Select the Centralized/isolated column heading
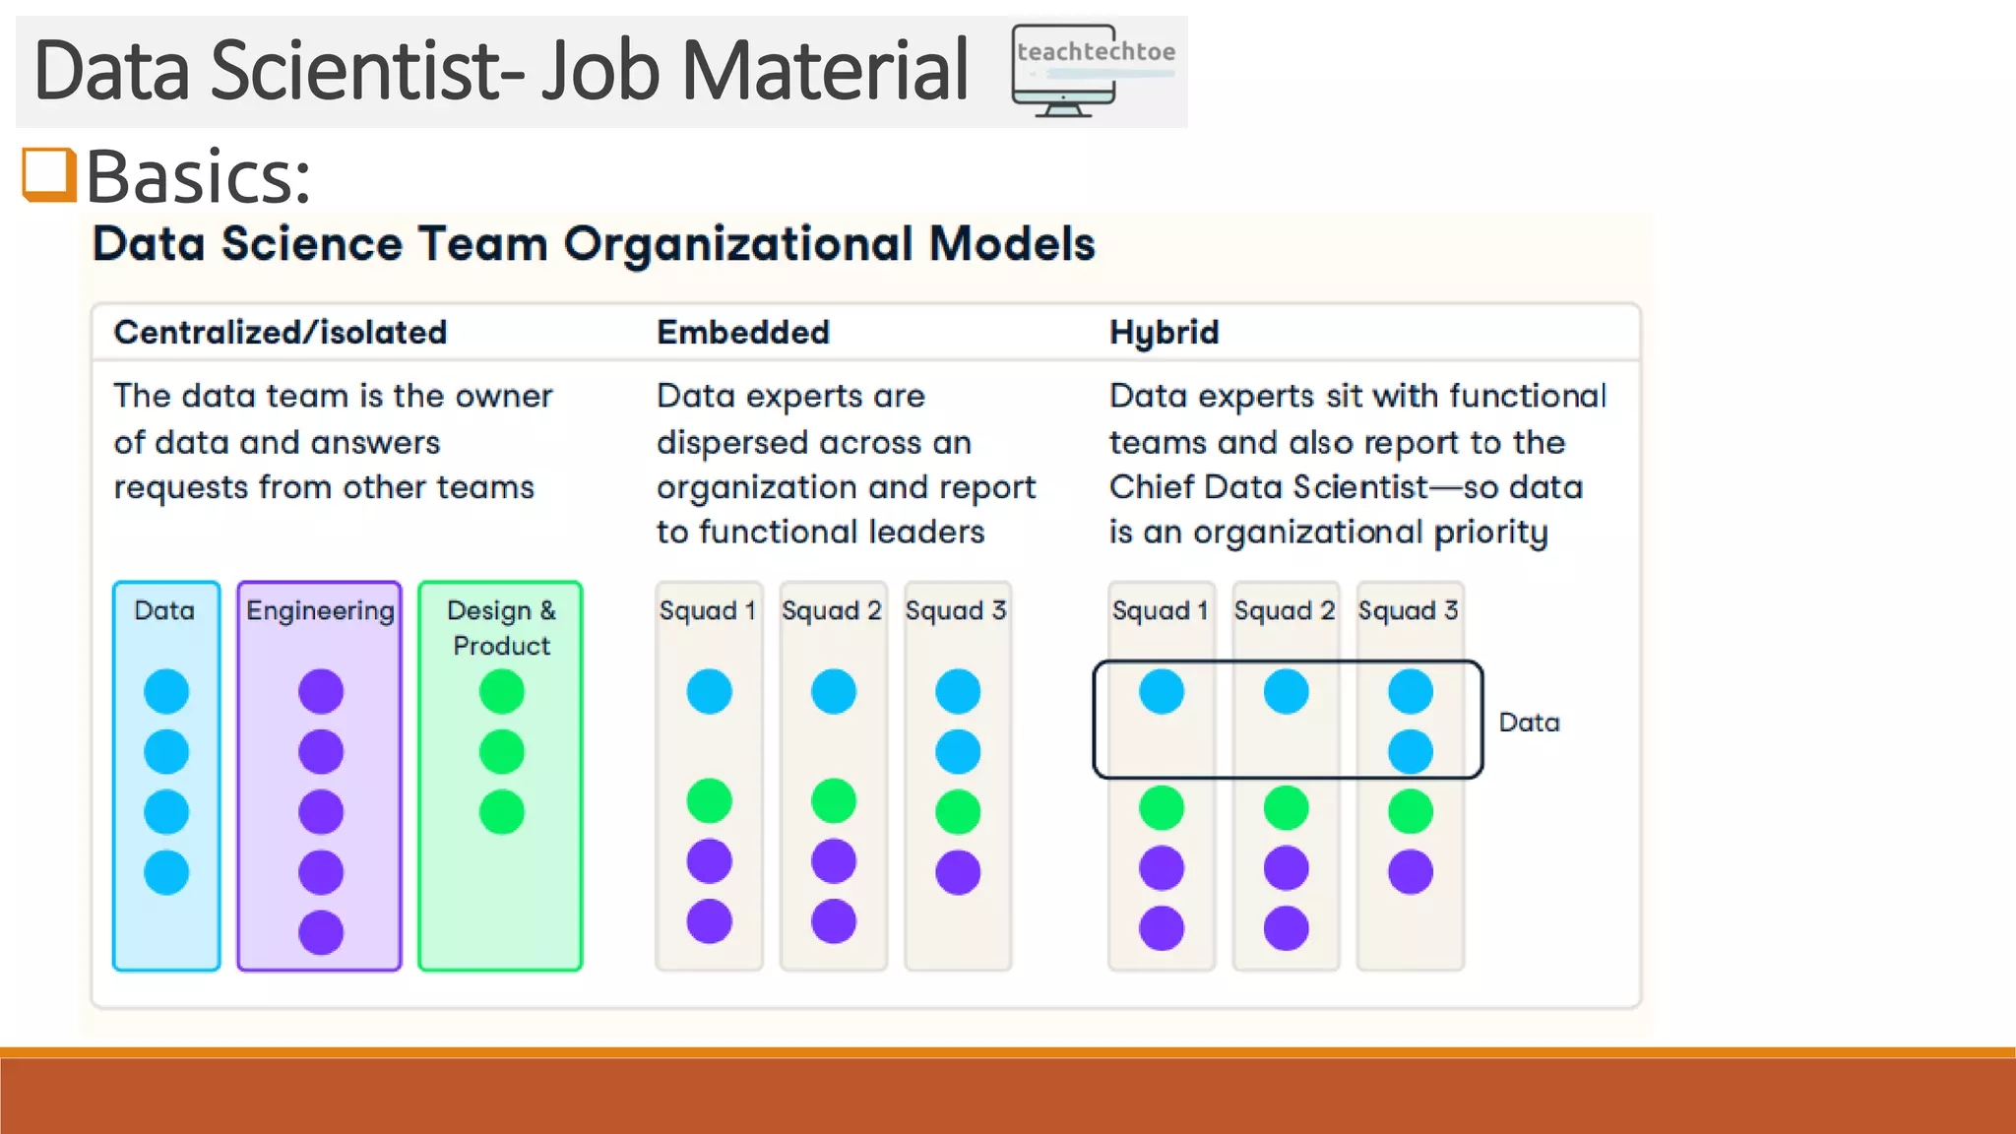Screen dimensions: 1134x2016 pos(281,333)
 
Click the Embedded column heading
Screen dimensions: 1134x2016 pos(743,333)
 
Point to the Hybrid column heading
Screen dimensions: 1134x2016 pos(1164,333)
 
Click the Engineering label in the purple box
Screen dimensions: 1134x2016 pos(320,610)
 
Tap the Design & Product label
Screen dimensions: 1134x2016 pos(501,627)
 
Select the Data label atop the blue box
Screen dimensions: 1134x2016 pos(164,610)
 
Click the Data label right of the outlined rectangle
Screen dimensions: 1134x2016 pos(1529,723)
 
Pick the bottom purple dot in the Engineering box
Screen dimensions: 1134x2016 pos(321,932)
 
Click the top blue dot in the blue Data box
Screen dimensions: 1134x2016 pos(166,691)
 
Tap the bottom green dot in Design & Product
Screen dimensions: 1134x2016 pos(501,812)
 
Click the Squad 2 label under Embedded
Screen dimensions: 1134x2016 pos(832,610)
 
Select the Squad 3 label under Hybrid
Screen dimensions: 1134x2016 pos(1408,610)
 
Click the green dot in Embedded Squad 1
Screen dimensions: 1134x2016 pos(709,800)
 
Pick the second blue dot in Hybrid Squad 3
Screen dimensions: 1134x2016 pos(1410,752)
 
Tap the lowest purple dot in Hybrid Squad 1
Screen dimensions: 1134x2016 pos(1162,928)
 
